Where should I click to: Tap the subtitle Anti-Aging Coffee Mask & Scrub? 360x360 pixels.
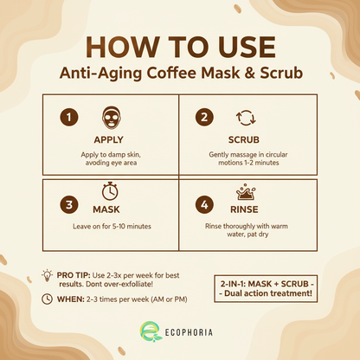(180, 74)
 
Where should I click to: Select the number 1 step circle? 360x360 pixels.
(69, 117)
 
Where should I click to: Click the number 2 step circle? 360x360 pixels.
(204, 117)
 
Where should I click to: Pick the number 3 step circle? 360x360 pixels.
(69, 206)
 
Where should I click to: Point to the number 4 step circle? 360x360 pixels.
(204, 206)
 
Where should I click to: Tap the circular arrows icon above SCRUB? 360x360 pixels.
(245, 117)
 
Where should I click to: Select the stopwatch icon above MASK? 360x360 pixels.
(110, 190)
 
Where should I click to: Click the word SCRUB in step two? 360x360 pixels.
(245, 138)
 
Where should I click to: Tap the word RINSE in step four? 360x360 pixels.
(245, 208)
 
